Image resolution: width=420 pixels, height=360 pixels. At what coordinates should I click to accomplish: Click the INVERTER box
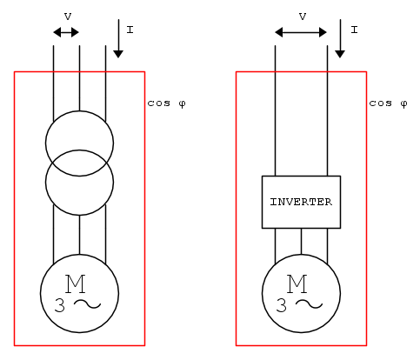[x=301, y=202]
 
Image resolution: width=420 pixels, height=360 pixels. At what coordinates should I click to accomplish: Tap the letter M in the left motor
[x=76, y=283]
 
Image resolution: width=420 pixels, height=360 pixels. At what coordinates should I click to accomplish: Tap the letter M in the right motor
[x=297, y=283]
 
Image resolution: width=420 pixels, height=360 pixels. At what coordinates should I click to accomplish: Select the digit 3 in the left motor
[x=60, y=305]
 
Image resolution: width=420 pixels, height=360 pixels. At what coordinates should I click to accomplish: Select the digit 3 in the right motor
[x=282, y=305]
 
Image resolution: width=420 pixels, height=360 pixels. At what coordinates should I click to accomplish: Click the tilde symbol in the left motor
[x=87, y=303]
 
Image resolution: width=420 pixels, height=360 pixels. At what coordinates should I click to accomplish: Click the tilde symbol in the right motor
[x=309, y=303]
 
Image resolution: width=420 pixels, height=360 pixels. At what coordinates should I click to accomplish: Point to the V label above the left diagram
[x=68, y=17]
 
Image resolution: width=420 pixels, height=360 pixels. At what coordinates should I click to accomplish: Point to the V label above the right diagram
[x=303, y=17]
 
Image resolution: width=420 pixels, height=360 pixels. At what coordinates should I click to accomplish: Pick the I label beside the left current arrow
[x=130, y=30]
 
